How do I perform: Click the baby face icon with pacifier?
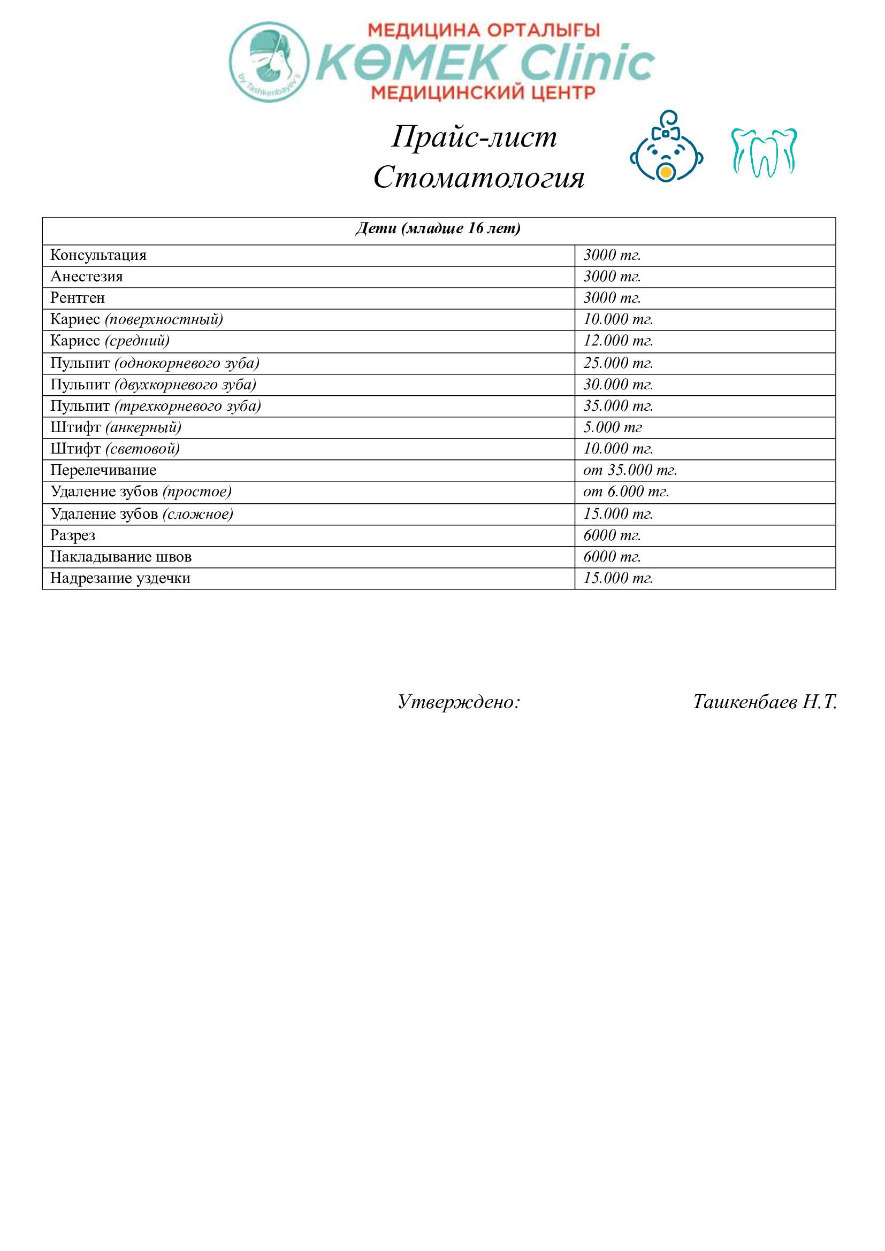pyautogui.click(x=666, y=147)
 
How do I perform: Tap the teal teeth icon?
pyautogui.click(x=764, y=152)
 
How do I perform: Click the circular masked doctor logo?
pyautogui.click(x=269, y=62)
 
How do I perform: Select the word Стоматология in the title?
pyautogui.click(x=478, y=177)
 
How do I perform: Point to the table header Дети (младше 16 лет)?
pyautogui.click(x=438, y=229)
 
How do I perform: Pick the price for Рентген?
pyautogui.click(x=612, y=298)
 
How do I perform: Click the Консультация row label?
pyautogui.click(x=98, y=256)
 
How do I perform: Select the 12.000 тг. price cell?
pyautogui.click(x=618, y=341)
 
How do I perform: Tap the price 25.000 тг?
pyautogui.click(x=618, y=363)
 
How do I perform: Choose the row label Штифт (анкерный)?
pyautogui.click(x=116, y=428)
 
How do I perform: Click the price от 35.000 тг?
pyautogui.click(x=630, y=470)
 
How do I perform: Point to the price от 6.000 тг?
pyautogui.click(x=626, y=492)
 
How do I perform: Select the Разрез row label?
pyautogui.click(x=73, y=535)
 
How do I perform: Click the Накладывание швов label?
pyautogui.click(x=121, y=557)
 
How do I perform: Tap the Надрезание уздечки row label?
pyautogui.click(x=120, y=578)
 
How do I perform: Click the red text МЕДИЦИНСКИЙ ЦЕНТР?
pyautogui.click(x=483, y=93)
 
